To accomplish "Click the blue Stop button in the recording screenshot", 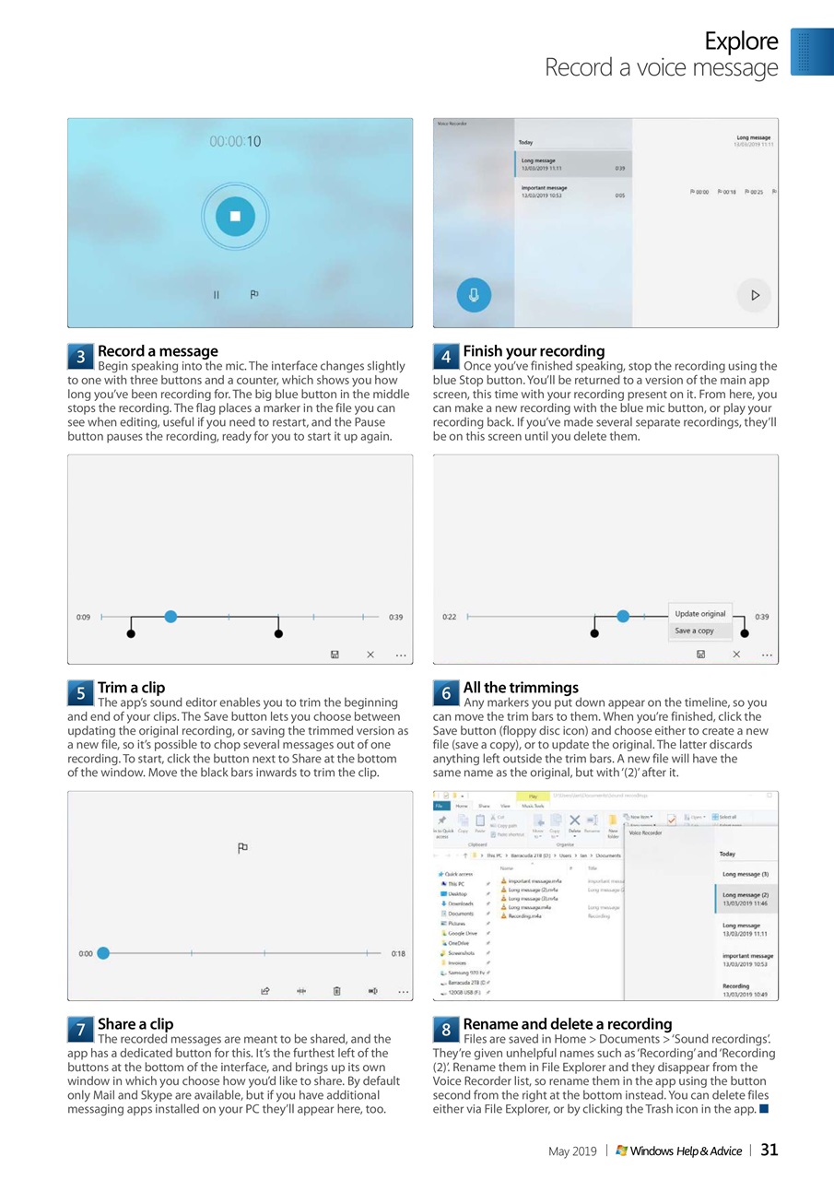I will (x=234, y=216).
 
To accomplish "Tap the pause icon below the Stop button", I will (x=217, y=295).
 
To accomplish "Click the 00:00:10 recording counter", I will (x=235, y=142).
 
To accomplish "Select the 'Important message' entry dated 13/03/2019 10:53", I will (x=572, y=192).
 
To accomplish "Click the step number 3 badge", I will (x=80, y=356).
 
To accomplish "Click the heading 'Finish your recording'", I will (x=534, y=351).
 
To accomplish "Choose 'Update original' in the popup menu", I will (x=700, y=614).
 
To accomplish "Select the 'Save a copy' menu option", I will (x=694, y=631).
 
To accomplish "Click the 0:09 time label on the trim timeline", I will (x=83, y=617).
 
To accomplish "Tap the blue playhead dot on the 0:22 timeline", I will (x=623, y=616).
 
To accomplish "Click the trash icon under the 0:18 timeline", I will (x=336, y=991).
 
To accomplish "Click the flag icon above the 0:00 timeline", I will (x=243, y=848).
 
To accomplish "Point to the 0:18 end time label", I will (x=398, y=953).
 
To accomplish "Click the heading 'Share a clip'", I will (x=135, y=1024).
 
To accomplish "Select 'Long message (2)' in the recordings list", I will (x=746, y=899).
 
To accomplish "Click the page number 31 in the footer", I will (x=769, y=1150).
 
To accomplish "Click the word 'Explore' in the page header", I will (x=741, y=41).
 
